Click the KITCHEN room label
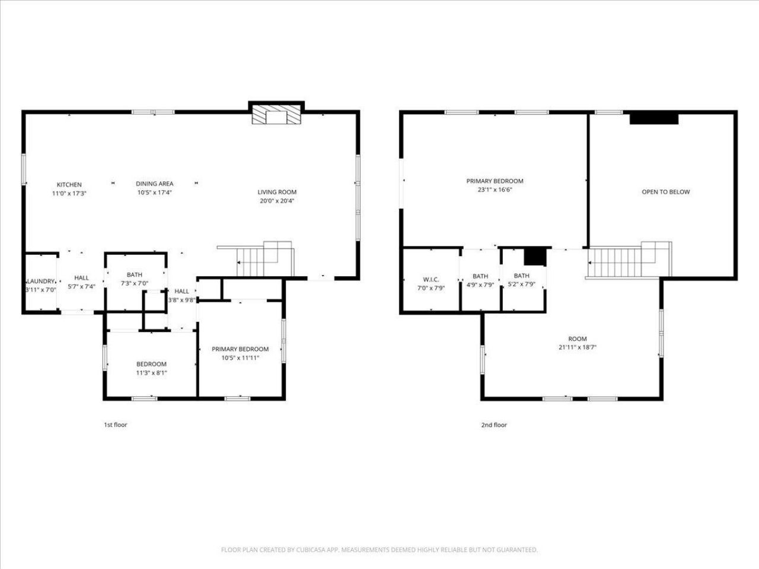[x=69, y=185]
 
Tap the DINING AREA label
[x=154, y=184]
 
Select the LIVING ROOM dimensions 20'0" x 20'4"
[x=276, y=201]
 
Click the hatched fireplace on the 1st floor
[x=276, y=116]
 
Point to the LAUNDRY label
[x=40, y=281]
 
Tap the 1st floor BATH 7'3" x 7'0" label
[x=135, y=275]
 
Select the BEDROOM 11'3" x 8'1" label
[x=151, y=365]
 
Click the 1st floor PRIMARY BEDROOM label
[x=240, y=350]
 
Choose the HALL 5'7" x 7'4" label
[x=81, y=278]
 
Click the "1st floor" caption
[x=116, y=425]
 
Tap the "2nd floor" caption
[x=494, y=425]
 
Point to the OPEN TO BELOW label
[x=665, y=192]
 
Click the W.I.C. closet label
[x=431, y=279]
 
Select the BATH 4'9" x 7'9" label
[x=480, y=276]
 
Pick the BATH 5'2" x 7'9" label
[x=522, y=276]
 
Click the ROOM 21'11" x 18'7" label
[x=577, y=339]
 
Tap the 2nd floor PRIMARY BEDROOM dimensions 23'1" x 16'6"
[x=495, y=190]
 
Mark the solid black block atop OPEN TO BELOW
[x=653, y=119]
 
